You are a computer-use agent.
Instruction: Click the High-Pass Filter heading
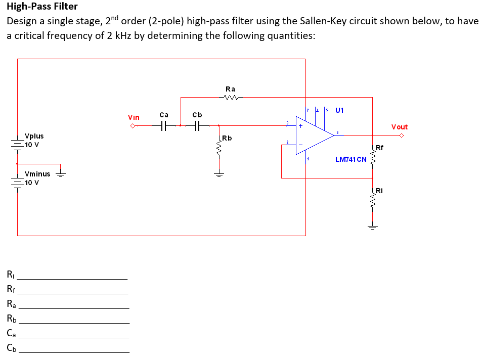pos(42,7)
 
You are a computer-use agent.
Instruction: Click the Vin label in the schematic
pos(134,117)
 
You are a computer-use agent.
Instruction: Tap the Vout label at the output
pos(399,127)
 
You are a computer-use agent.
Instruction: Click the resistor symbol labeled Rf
pos(373,160)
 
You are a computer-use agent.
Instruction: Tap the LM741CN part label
pos(350,160)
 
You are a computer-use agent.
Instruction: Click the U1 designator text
pos(339,110)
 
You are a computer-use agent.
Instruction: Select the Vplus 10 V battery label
pos(33,140)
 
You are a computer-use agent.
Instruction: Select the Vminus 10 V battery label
pos(36,178)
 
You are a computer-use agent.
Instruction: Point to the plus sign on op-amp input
pos(300,127)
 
